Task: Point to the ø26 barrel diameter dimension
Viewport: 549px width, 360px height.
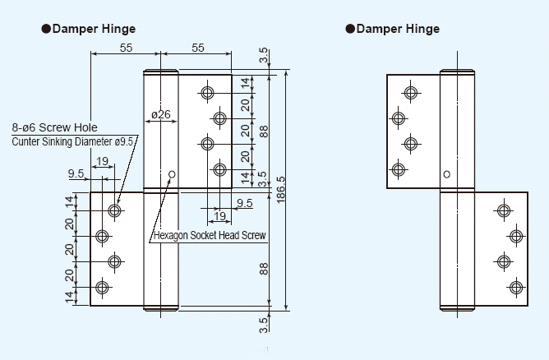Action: coord(161,114)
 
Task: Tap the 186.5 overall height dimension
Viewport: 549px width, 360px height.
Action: coord(281,191)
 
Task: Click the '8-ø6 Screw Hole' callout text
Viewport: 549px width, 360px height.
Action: coord(54,127)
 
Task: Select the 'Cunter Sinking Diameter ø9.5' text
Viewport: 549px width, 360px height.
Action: coord(75,141)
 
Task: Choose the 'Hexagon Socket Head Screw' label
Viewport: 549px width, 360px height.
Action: coord(210,236)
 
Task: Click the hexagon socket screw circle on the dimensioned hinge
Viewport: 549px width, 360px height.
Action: coord(172,174)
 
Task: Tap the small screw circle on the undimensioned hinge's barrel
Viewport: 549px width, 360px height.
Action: coord(446,174)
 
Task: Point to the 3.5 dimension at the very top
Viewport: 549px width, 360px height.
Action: coord(263,56)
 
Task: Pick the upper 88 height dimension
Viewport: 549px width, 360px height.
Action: coord(264,131)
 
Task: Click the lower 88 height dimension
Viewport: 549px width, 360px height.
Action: coord(264,269)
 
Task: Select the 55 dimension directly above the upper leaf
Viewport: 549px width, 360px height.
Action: coord(198,48)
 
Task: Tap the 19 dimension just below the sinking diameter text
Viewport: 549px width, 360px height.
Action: coord(102,161)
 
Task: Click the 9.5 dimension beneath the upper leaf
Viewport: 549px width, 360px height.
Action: coord(243,203)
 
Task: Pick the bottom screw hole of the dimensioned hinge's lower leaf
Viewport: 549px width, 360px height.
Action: coord(102,288)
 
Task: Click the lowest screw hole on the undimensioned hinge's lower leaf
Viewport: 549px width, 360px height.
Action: coord(515,288)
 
